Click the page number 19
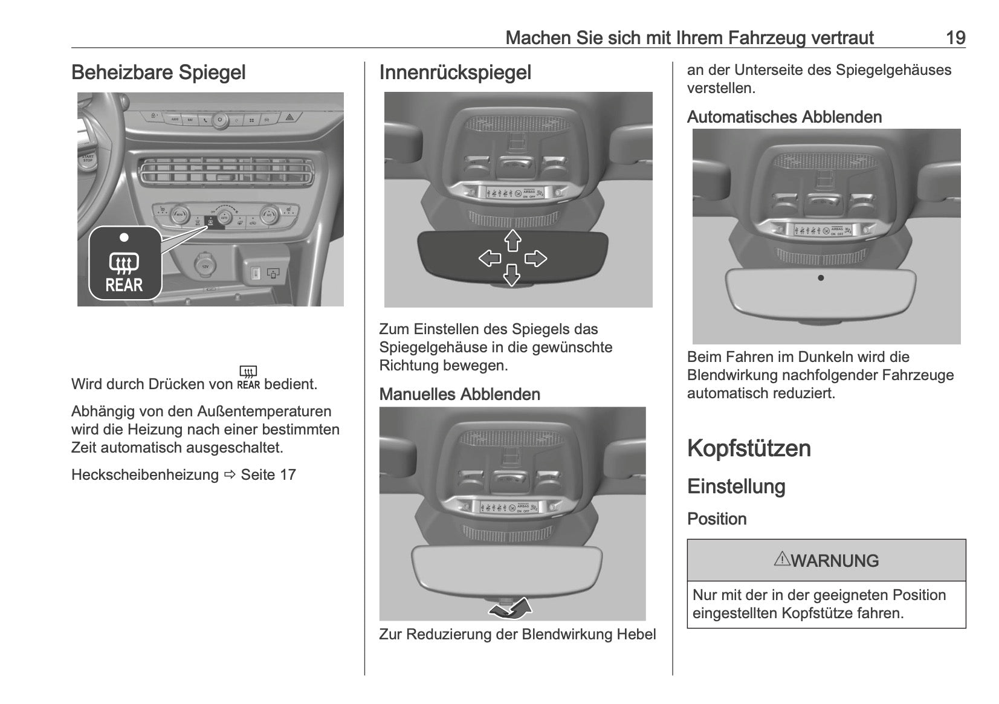click(x=955, y=38)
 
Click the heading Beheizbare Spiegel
click(x=158, y=73)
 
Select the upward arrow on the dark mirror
click(x=512, y=240)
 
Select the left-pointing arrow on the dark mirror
click(x=490, y=259)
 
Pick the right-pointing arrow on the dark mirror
click(x=535, y=259)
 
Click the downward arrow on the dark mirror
click(x=512, y=276)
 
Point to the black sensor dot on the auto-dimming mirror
click(x=820, y=278)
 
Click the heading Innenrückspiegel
click(x=455, y=73)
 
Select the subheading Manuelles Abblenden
click(x=459, y=395)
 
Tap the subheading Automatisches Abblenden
click(x=784, y=117)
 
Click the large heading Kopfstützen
click(x=749, y=448)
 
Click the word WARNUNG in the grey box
click(x=835, y=561)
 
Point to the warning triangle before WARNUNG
click(x=782, y=559)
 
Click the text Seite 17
click(x=268, y=475)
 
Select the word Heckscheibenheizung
click(x=144, y=475)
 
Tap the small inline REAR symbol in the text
click(x=248, y=379)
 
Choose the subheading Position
click(x=717, y=519)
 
